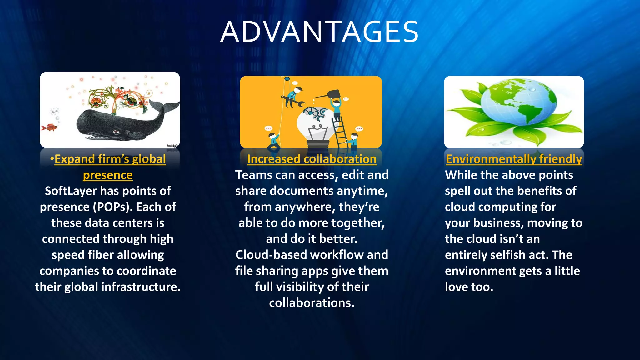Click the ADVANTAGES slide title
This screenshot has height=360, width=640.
[x=319, y=32]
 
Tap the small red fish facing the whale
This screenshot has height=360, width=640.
[x=50, y=127]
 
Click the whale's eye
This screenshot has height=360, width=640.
[x=116, y=131]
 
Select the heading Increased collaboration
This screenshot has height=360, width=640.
[x=312, y=159]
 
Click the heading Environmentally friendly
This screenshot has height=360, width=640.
[x=514, y=159]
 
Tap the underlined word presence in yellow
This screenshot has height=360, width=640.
[x=108, y=175]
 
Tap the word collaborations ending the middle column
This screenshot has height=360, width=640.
[x=312, y=303]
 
